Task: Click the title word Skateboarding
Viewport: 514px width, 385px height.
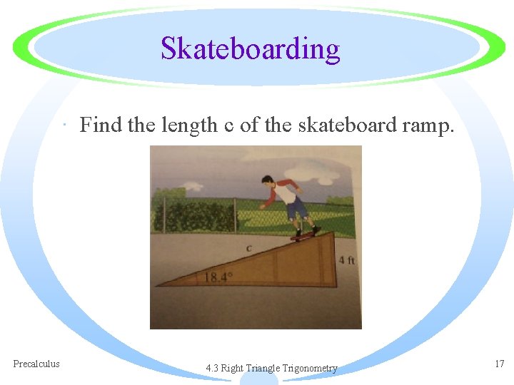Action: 250,48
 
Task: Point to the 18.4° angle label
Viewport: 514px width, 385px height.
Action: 218,277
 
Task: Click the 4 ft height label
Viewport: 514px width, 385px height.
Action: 346,260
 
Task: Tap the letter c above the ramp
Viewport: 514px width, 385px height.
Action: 249,248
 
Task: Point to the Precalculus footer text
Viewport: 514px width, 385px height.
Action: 36,364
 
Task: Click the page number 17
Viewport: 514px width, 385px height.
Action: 499,364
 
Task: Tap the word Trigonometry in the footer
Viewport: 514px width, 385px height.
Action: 310,368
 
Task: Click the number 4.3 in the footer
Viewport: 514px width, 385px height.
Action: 212,368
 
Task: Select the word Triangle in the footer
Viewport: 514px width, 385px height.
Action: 263,368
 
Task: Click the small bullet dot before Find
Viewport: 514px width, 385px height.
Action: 65,127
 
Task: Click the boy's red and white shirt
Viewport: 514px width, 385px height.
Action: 286,192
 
